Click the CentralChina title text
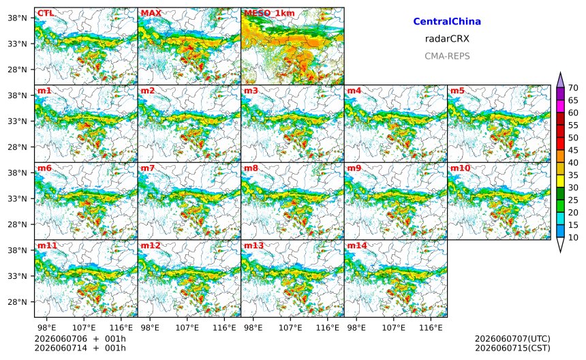coord(447,21)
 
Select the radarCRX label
coord(447,38)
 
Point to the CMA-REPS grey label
coord(447,56)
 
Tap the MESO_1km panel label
coord(269,13)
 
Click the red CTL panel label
coord(46,13)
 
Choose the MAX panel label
coord(151,13)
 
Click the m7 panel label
coord(148,168)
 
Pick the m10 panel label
coord(460,168)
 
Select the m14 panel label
coord(357,245)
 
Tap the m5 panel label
coord(457,91)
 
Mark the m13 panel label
coord(253,245)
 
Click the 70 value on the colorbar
coord(573,88)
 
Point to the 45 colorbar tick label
coord(573,150)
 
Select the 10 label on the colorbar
coord(573,237)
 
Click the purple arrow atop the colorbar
coord(560,80)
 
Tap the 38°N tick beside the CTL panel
coord(18,18)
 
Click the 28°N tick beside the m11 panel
coord(18,301)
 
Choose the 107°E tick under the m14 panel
coord(394,328)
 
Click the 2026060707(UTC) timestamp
coord(512,339)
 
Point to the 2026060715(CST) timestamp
coord(512,348)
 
